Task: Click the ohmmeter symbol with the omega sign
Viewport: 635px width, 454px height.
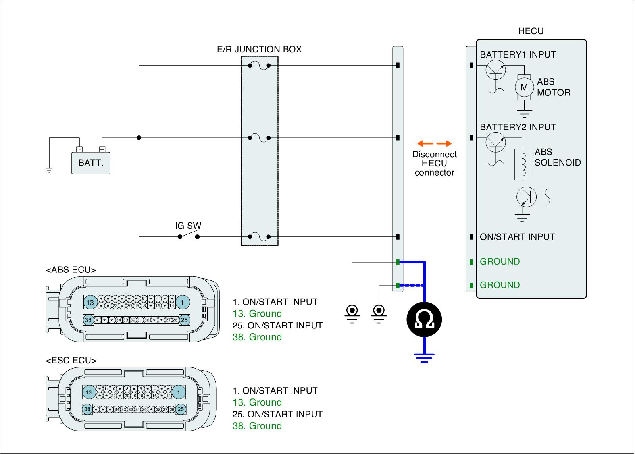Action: point(424,320)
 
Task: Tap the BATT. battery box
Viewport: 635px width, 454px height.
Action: point(91,162)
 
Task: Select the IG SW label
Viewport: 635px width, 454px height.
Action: point(188,226)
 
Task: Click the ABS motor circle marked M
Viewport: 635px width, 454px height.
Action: point(524,87)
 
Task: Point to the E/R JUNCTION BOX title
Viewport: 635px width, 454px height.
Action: point(260,50)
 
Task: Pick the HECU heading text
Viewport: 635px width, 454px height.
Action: point(531,31)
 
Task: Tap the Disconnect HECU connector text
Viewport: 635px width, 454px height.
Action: point(434,163)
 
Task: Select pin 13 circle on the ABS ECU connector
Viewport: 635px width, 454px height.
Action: point(90,303)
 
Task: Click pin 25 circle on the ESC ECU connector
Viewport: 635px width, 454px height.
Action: point(181,409)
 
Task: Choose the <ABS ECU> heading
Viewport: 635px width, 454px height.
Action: point(71,270)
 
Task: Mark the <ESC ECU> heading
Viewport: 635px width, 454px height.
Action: point(71,361)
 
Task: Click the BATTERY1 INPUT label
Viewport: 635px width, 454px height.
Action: point(518,55)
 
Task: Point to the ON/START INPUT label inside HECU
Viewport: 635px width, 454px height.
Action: point(517,237)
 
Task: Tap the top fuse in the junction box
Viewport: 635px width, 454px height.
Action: point(259,66)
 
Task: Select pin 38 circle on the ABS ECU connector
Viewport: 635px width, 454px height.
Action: point(88,320)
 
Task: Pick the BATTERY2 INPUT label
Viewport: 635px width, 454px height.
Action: point(518,128)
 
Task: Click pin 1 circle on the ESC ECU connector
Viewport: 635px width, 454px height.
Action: point(179,392)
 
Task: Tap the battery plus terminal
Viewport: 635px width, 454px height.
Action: point(102,149)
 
